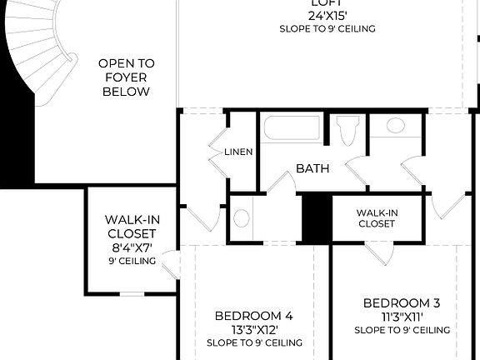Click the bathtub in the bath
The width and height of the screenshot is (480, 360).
[292, 131]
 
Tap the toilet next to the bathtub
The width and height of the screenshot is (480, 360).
[347, 131]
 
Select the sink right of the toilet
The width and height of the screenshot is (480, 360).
[395, 126]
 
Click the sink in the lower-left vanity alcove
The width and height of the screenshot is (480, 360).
[241, 218]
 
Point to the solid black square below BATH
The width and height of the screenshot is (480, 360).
[317, 218]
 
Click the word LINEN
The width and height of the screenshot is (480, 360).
[238, 152]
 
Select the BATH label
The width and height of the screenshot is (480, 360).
[312, 168]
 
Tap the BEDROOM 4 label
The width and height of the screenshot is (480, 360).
[254, 316]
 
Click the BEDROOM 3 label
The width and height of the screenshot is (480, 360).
[402, 302]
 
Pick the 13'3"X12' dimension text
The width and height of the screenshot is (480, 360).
[254, 329]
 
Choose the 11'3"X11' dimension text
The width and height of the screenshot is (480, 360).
[402, 316]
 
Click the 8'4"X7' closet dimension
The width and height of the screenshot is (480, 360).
[132, 247]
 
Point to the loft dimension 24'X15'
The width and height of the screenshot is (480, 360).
[327, 15]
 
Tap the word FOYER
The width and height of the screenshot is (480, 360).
[126, 77]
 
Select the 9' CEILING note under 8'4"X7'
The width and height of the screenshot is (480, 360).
[132, 261]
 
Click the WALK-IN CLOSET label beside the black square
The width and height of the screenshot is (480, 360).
[377, 218]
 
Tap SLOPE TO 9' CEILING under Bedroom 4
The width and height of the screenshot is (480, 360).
[254, 342]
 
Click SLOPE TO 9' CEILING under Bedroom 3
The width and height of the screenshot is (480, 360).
[402, 330]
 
